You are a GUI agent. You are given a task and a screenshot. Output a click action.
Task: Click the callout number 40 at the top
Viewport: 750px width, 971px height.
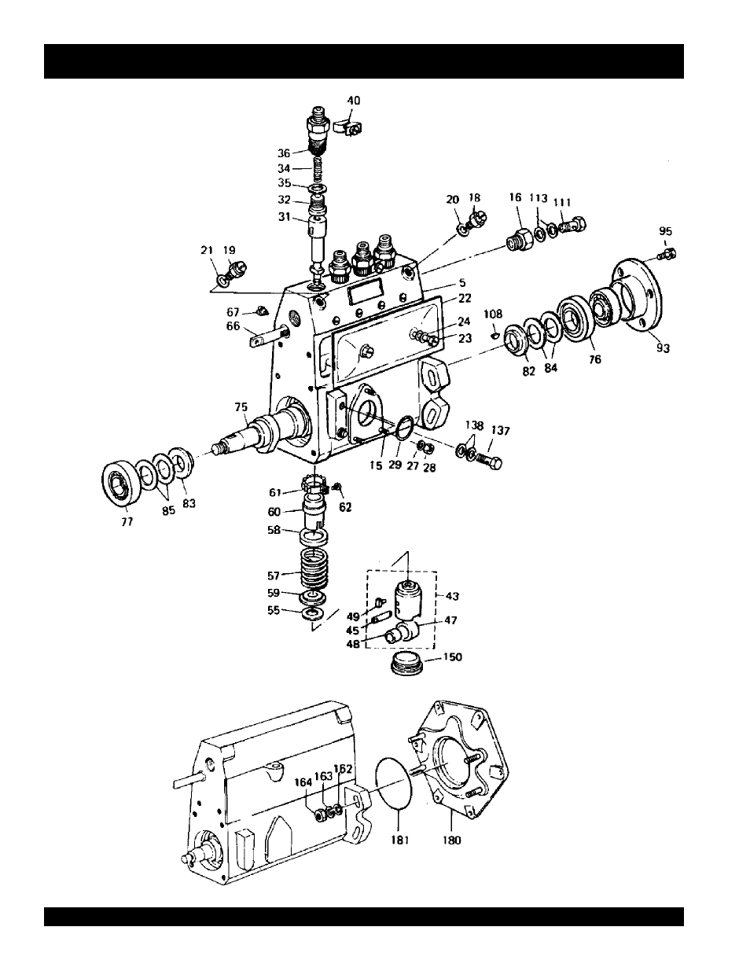coord(353,101)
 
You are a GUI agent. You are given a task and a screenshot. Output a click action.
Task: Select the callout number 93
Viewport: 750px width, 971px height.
coord(663,348)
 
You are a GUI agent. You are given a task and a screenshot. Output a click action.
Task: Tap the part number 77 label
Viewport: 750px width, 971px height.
coord(127,521)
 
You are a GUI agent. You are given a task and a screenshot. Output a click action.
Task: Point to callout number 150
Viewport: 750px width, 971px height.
coord(453,657)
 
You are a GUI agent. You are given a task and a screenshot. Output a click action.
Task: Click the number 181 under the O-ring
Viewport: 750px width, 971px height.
coord(400,840)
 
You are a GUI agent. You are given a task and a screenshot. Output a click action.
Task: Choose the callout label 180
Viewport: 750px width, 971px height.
coord(451,840)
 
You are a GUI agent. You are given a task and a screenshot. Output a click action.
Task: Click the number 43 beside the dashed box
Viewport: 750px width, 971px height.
coord(452,596)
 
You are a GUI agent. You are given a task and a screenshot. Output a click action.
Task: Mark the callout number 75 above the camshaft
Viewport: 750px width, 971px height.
coord(241,407)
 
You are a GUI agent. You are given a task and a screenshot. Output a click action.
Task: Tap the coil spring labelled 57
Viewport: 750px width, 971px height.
coord(314,568)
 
